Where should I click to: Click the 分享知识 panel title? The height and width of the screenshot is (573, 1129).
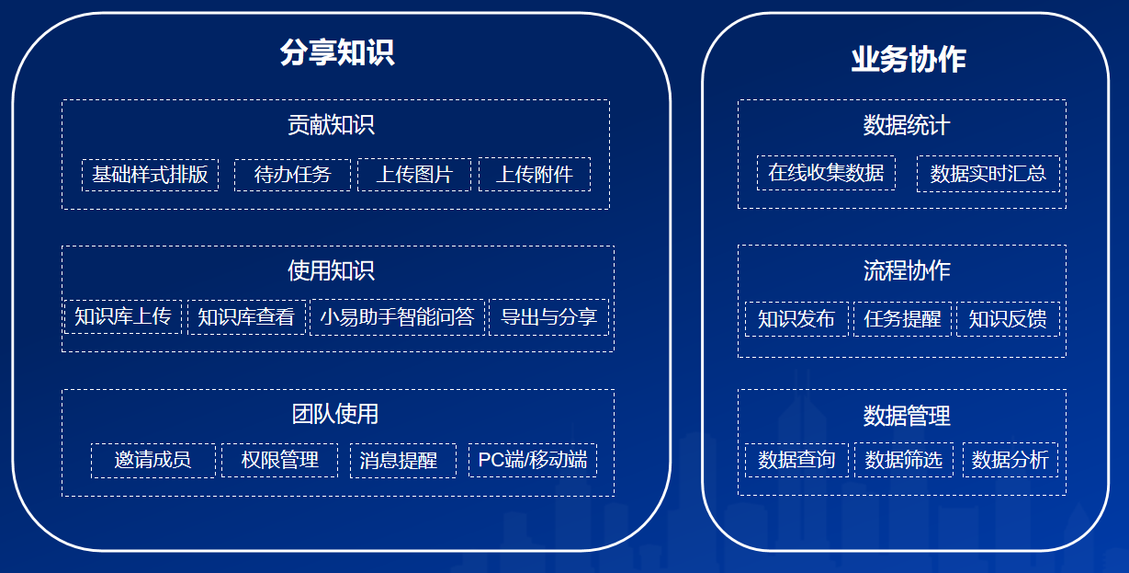click(336, 52)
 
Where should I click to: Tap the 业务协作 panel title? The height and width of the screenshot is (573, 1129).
click(908, 60)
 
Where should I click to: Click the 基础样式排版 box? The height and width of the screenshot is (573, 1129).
click(150, 175)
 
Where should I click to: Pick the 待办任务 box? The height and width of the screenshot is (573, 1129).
click(292, 175)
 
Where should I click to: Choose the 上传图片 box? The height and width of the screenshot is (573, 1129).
click(414, 175)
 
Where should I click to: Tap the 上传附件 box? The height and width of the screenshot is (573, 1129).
click(535, 175)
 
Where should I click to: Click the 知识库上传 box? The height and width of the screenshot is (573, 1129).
click(123, 317)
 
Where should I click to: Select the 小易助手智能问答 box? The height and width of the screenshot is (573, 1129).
click(397, 317)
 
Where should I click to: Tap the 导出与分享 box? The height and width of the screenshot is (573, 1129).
click(548, 317)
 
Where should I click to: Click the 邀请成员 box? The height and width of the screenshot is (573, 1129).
click(152, 460)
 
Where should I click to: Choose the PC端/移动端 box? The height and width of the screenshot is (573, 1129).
click(533, 460)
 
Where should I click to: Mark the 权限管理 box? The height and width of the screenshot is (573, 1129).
click(280, 460)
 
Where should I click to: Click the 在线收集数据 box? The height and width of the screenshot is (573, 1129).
click(826, 172)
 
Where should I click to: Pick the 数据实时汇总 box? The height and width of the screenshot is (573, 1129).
click(988, 174)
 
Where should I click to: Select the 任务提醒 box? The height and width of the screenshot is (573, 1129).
click(902, 319)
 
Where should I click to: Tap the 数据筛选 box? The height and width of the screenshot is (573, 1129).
click(904, 460)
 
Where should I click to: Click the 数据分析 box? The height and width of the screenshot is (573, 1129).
click(1010, 460)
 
